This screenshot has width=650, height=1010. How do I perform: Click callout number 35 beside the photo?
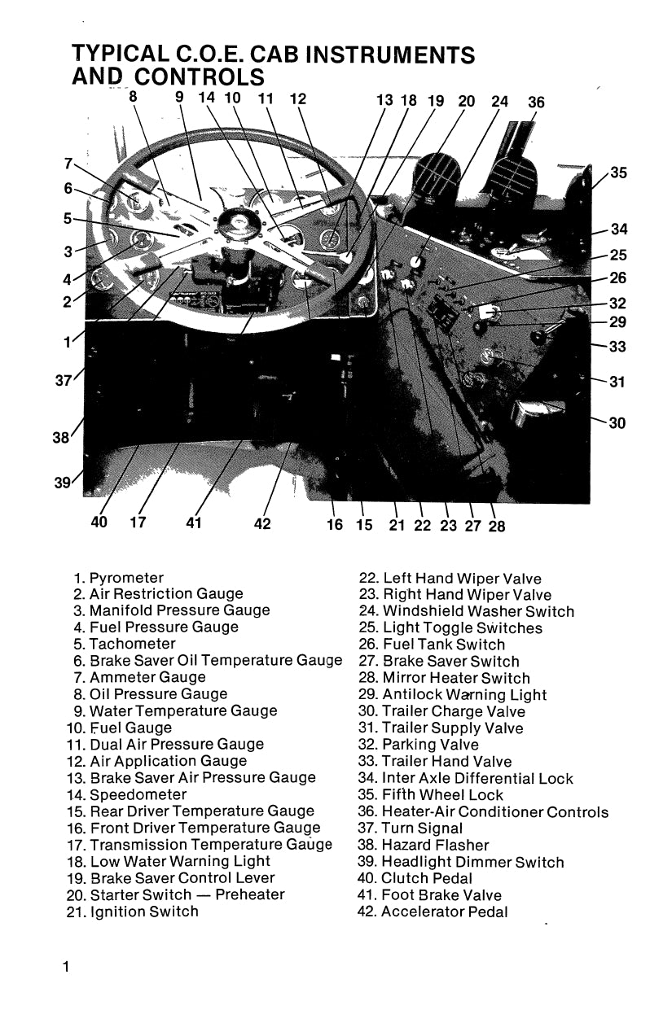618,173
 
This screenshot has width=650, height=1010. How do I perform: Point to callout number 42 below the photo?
262,524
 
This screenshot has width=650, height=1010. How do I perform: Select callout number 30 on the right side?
617,423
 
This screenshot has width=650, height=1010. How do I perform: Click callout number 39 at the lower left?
63,483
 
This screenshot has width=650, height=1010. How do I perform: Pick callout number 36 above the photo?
536,102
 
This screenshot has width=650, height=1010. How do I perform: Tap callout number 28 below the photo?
496,526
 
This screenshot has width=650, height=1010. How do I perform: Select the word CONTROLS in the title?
200,77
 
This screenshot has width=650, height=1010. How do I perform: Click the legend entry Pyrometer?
126,578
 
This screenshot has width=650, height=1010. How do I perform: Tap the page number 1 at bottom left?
64,967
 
